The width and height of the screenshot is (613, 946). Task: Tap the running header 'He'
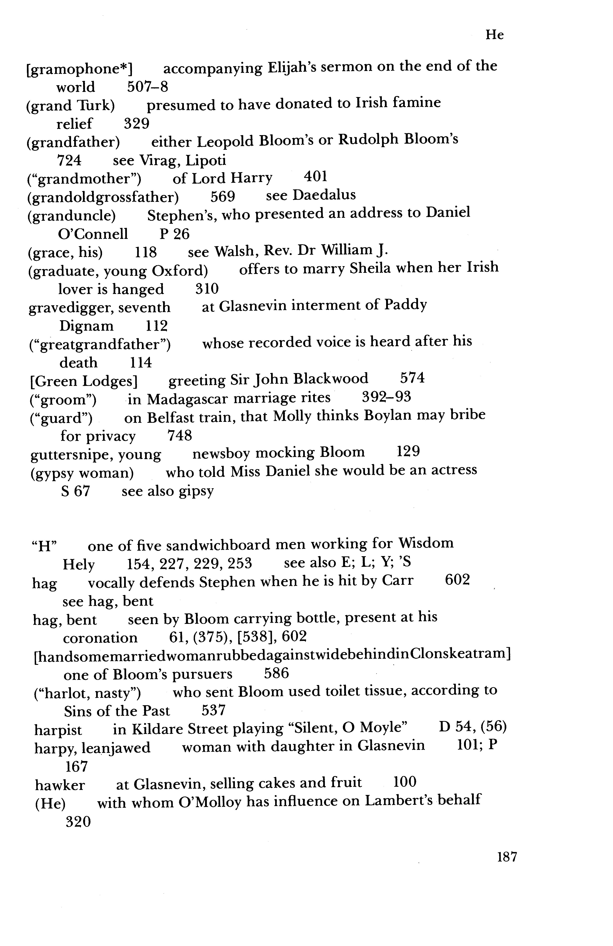pos(494,35)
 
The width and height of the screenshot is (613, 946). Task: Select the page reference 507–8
pos(147,87)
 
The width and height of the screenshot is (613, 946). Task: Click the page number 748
pos(180,436)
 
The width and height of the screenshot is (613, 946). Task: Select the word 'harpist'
pos(58,730)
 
